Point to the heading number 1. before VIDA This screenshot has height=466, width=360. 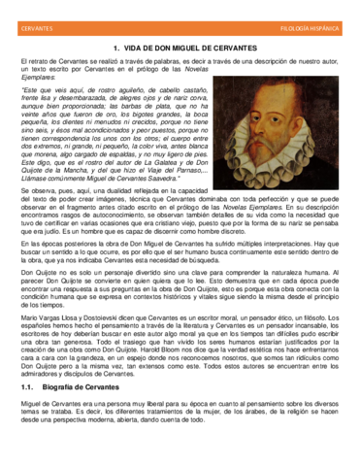(117, 48)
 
